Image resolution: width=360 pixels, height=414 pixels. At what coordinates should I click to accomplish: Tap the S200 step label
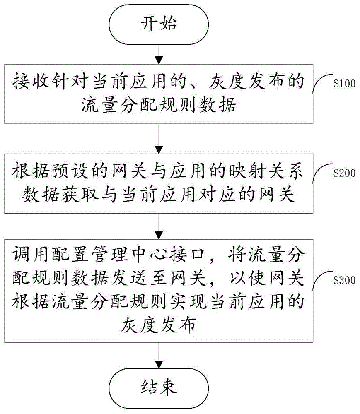point(344,173)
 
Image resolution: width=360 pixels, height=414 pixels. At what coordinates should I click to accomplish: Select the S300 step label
point(344,281)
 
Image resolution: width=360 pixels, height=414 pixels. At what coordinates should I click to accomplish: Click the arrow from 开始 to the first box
point(159,54)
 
